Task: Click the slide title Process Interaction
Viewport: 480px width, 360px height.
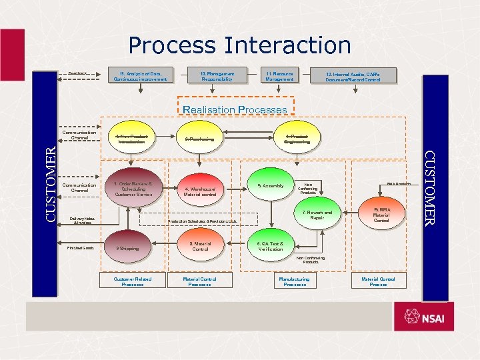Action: (x=239, y=45)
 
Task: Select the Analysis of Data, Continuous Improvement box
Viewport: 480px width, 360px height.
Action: (x=141, y=75)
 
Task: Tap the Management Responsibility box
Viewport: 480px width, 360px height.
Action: (x=217, y=75)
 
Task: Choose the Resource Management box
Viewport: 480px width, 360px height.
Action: (x=279, y=75)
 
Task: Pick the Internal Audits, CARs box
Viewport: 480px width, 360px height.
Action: (x=353, y=76)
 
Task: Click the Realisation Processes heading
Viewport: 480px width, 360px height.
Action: (x=235, y=109)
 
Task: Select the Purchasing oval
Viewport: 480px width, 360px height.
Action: (x=200, y=139)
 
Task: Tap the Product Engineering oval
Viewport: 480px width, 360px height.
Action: (x=296, y=139)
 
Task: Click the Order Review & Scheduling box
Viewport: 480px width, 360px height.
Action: (x=133, y=189)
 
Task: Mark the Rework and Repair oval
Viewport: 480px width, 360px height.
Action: (x=317, y=215)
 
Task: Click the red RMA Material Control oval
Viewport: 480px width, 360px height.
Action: (x=381, y=215)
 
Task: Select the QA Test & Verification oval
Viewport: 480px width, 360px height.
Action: (x=271, y=246)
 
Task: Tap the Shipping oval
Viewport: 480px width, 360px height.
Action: (x=128, y=248)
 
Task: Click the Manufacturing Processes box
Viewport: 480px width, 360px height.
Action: (x=295, y=281)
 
